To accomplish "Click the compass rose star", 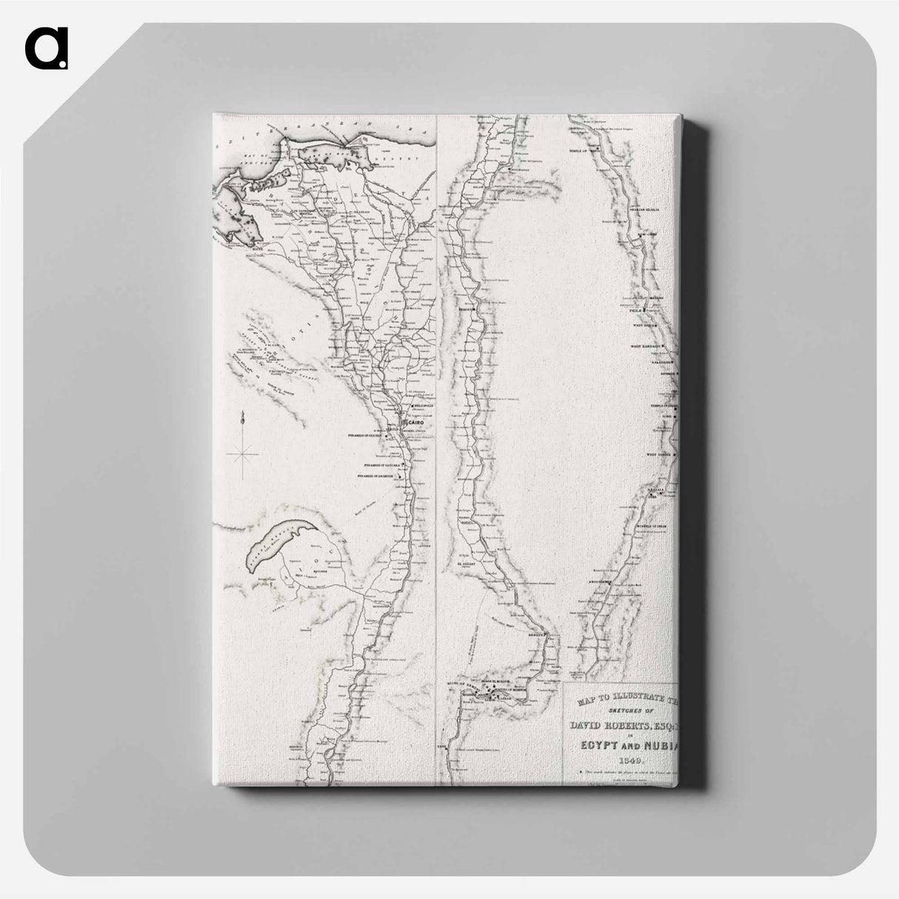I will click(x=242, y=452).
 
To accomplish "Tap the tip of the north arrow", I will click(x=242, y=415).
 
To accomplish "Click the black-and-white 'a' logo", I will click(x=46, y=48).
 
